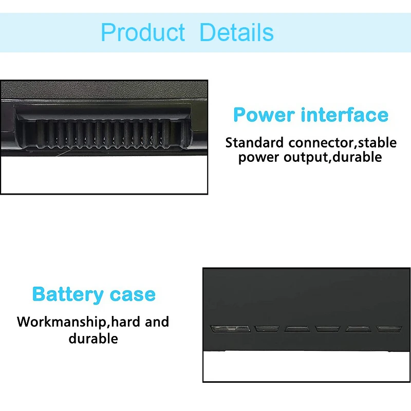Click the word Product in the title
(x=143, y=32)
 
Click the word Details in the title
(x=236, y=32)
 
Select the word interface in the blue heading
(x=342, y=115)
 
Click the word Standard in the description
(x=255, y=142)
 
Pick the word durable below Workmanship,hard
(x=93, y=339)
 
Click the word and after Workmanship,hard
(x=157, y=322)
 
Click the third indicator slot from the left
(x=297, y=328)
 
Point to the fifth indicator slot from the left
(x=358, y=328)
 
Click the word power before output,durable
(x=259, y=157)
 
